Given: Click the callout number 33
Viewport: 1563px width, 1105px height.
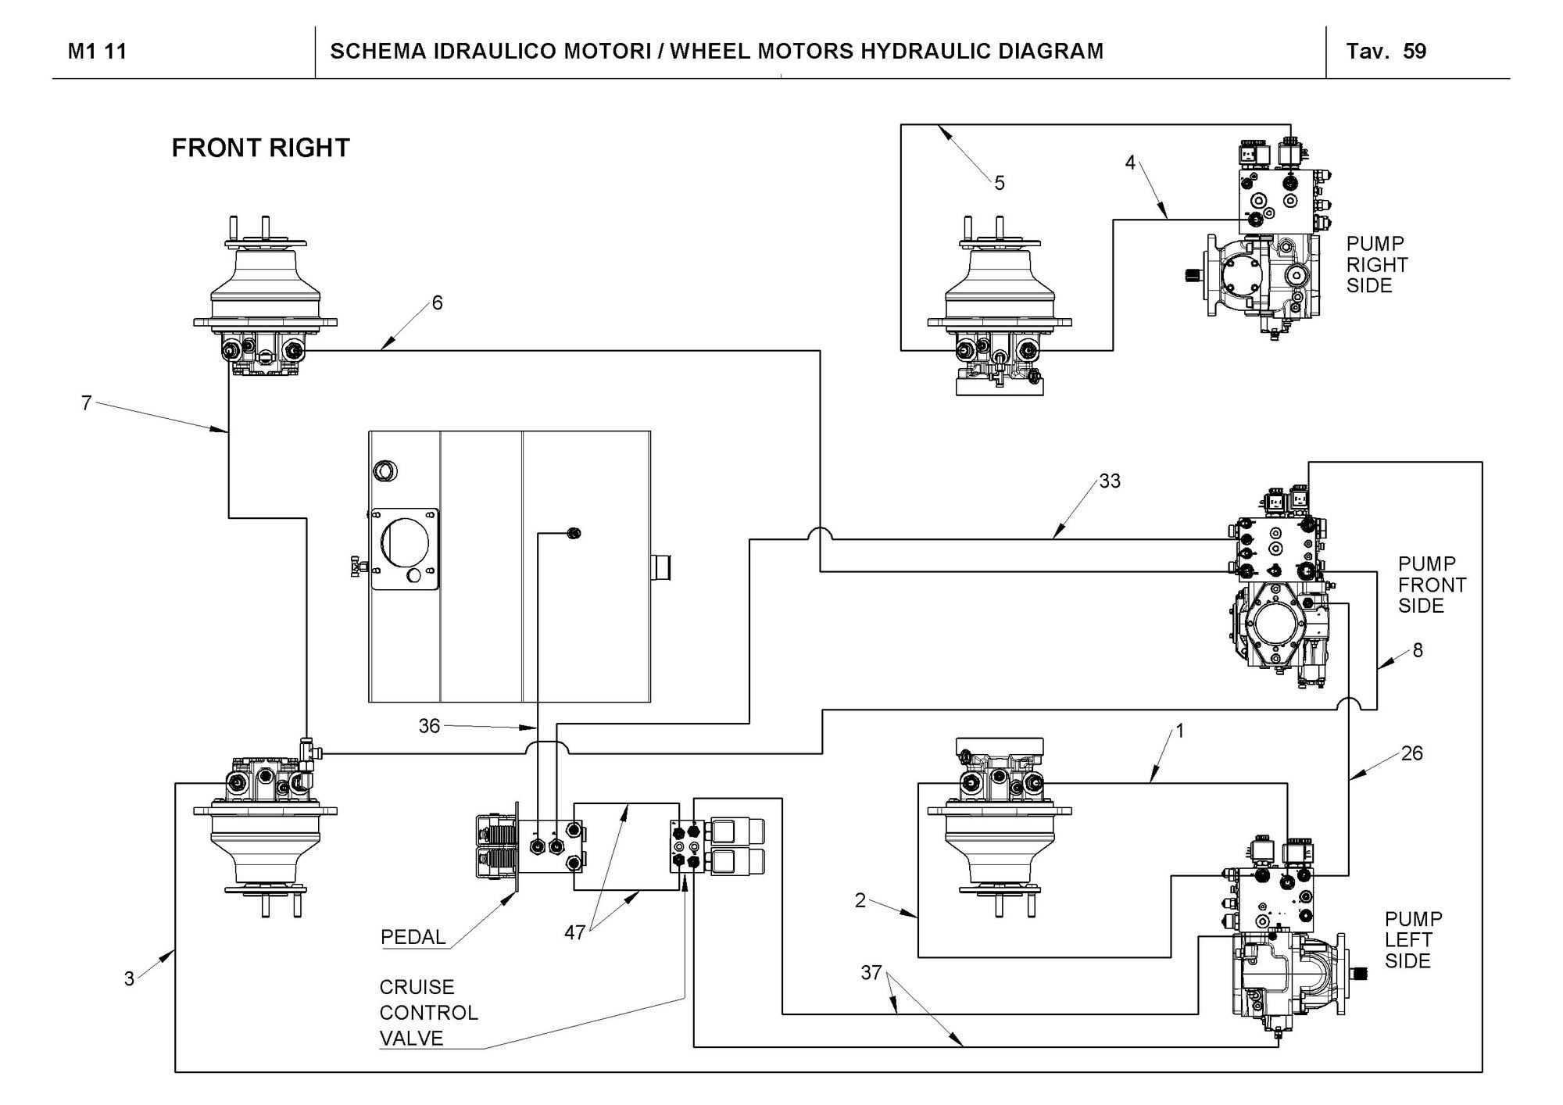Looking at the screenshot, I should pyautogui.click(x=1110, y=481).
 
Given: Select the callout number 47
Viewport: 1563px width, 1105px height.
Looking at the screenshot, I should pyautogui.click(x=574, y=932).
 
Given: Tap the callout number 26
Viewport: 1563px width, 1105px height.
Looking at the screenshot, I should pyautogui.click(x=1411, y=753).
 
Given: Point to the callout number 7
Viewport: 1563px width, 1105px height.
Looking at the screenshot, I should pyautogui.click(x=87, y=403).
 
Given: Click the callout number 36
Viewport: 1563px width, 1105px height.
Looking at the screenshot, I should pyautogui.click(x=429, y=726).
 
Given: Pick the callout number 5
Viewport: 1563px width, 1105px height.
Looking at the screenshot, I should pyautogui.click(x=1000, y=184).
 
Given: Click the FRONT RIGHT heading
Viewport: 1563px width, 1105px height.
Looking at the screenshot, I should pyautogui.click(x=260, y=148).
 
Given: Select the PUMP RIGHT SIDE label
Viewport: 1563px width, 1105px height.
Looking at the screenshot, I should pyautogui.click(x=1376, y=265).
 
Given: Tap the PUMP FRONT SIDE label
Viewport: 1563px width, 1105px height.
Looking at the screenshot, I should pyautogui.click(x=1432, y=585).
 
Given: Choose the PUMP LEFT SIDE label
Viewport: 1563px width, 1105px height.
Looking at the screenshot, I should pyautogui.click(x=1413, y=939).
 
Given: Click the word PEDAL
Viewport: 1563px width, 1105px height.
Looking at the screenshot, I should pyautogui.click(x=413, y=937).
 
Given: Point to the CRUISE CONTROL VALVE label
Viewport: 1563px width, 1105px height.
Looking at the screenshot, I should pyautogui.click(x=428, y=1013).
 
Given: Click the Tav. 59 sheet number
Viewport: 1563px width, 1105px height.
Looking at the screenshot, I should pyautogui.click(x=1386, y=52).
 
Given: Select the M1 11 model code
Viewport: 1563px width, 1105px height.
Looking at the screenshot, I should pyautogui.click(x=97, y=52).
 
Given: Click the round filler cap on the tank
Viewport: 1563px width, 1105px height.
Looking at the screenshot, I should pyautogui.click(x=384, y=471).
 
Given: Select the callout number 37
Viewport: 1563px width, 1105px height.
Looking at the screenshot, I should pyautogui.click(x=871, y=973).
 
